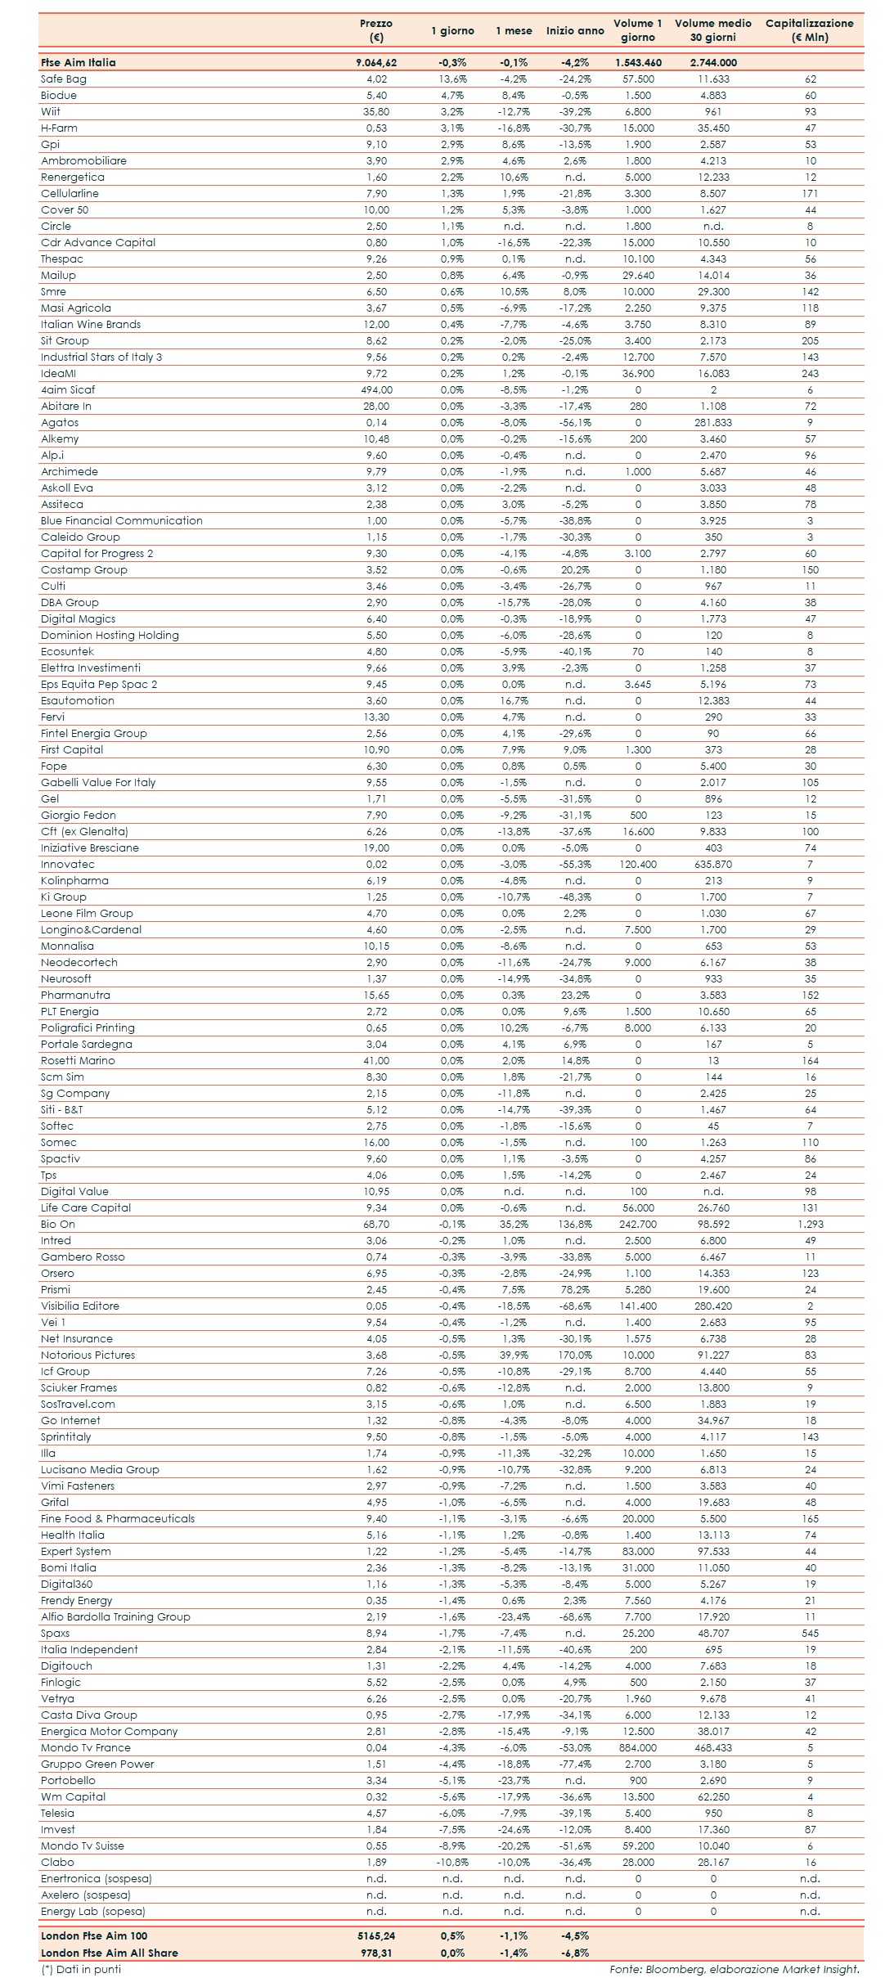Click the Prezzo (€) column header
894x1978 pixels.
click(376, 30)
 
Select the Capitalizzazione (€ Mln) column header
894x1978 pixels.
click(809, 30)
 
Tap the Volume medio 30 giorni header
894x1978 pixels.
click(712, 30)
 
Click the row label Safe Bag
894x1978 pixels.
click(64, 79)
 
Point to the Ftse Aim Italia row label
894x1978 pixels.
click(79, 62)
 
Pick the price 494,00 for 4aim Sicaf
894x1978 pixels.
click(376, 390)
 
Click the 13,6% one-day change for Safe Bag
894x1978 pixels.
click(452, 79)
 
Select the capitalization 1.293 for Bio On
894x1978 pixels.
click(810, 1225)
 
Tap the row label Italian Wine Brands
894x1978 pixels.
click(91, 325)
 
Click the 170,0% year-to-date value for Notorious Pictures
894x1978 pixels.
click(575, 1355)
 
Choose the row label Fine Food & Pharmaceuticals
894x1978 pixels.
click(118, 1519)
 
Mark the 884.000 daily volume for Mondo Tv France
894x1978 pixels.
click(638, 1748)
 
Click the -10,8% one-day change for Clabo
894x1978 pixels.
click(452, 1863)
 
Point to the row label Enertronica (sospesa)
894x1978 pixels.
click(97, 1879)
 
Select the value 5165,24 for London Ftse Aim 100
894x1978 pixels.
click(376, 1935)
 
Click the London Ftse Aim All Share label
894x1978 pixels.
click(110, 1953)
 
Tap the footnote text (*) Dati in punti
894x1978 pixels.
click(81, 1969)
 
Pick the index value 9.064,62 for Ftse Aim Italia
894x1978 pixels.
click(376, 62)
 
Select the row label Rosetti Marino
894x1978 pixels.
click(79, 1061)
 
